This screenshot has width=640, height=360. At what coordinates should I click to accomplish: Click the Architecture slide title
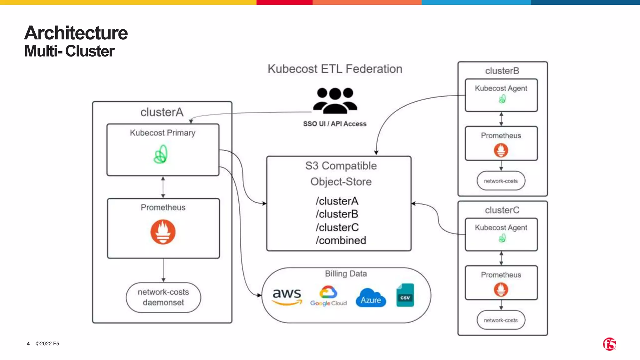76,33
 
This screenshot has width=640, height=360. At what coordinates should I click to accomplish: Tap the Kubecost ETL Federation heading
335,69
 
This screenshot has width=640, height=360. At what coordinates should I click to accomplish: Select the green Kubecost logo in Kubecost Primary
161,154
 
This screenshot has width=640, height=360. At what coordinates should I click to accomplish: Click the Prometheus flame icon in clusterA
163,232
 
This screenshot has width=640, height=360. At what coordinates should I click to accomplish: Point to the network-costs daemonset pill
163,297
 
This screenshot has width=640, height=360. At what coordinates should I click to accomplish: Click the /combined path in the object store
341,240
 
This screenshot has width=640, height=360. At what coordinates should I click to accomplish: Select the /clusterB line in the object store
337,214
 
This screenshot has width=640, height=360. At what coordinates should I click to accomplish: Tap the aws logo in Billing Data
287,296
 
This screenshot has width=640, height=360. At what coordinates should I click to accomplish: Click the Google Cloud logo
328,296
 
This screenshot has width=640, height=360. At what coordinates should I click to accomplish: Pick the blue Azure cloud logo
371,297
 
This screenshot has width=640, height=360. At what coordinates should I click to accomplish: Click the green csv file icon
405,295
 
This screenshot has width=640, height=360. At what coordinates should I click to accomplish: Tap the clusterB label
502,71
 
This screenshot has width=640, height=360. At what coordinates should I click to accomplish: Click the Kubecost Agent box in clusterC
501,234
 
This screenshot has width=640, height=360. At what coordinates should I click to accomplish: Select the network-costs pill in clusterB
501,181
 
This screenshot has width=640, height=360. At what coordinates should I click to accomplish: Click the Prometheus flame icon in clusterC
501,289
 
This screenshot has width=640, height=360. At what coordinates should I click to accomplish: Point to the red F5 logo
609,344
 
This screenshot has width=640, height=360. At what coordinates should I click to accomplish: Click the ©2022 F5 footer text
47,343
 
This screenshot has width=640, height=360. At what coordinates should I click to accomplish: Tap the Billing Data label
346,274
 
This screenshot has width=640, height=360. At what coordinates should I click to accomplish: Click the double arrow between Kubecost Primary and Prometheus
163,187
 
